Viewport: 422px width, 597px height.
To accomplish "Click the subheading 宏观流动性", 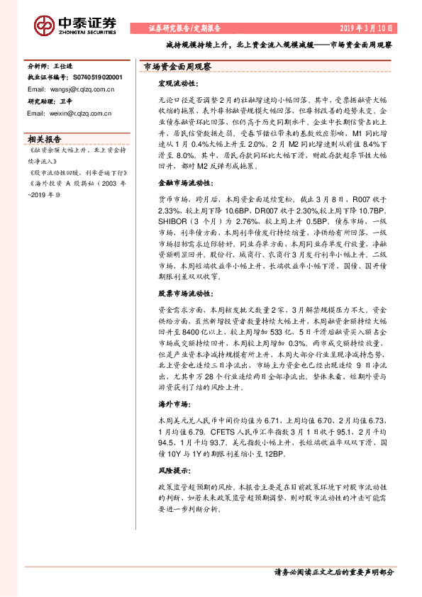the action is coord(177,84).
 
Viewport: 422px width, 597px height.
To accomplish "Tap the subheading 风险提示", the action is coord(172,470).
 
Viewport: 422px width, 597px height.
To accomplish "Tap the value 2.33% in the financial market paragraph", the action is coord(170,211).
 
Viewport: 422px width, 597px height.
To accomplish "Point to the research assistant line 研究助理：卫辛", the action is coord(45,101).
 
